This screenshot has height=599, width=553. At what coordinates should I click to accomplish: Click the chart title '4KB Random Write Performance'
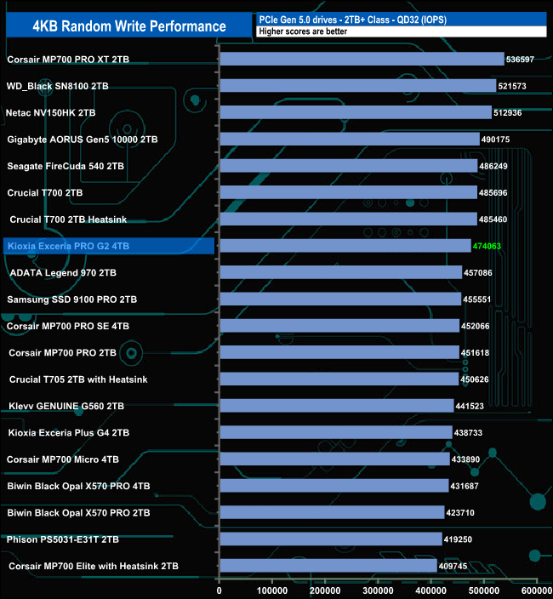click(129, 26)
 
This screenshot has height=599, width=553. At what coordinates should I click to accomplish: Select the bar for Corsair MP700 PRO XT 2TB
click(362, 60)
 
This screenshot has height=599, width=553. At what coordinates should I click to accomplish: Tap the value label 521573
click(519, 86)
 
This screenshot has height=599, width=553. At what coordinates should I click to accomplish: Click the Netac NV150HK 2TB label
click(51, 112)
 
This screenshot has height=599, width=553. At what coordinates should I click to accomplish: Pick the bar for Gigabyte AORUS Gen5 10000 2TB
click(350, 139)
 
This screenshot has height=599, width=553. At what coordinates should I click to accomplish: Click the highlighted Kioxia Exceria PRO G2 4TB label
click(67, 246)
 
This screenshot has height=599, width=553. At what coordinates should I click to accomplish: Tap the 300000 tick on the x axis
click(379, 590)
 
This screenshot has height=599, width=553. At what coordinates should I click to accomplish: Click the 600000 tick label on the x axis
click(536, 590)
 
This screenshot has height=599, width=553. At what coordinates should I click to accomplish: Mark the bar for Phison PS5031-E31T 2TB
click(331, 539)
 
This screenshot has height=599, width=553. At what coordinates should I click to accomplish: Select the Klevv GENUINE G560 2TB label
click(66, 406)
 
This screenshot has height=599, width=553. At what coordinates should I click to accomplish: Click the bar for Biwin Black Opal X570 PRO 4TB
click(334, 486)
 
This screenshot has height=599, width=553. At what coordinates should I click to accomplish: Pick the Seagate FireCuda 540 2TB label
click(66, 166)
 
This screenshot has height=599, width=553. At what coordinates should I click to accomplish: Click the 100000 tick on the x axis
click(272, 590)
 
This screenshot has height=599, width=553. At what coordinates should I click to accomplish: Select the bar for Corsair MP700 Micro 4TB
click(334, 459)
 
